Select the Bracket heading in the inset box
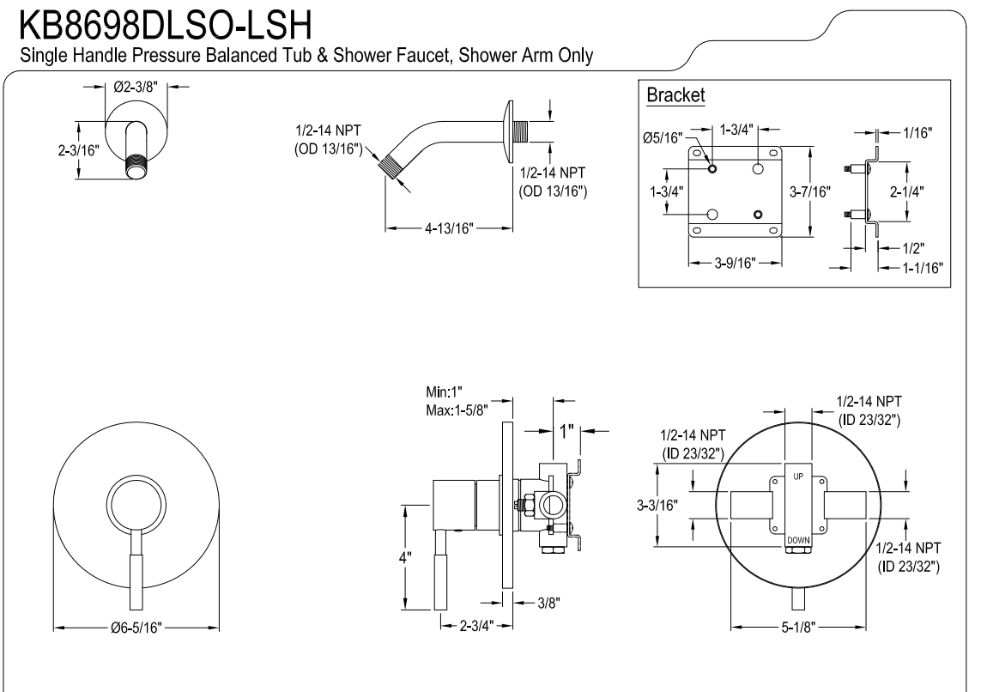pos(675,95)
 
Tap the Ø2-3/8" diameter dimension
pos(135,87)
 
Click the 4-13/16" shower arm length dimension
pos(448,228)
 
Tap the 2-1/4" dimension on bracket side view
pos(911,190)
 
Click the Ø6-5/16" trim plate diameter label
pos(137,628)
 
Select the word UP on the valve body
pos(798,475)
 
